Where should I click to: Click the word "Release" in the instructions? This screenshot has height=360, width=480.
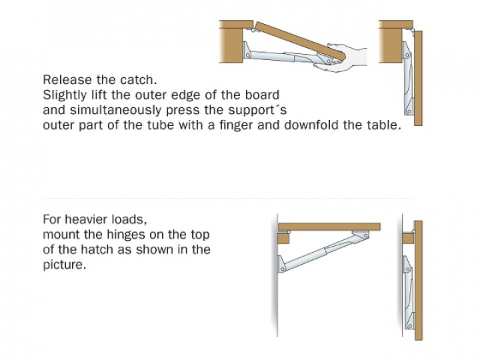[x=67, y=80]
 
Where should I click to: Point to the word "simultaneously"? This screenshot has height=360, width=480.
[x=115, y=110]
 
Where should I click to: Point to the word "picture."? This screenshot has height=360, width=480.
[x=65, y=265]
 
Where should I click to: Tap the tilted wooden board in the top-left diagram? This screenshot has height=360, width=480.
[x=300, y=40]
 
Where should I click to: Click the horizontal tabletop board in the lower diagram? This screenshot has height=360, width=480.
[x=329, y=227]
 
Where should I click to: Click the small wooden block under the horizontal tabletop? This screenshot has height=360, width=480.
[x=283, y=238]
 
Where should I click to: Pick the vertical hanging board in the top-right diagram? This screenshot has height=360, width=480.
[x=418, y=78]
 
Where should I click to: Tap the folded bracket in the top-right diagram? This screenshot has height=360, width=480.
[x=408, y=79]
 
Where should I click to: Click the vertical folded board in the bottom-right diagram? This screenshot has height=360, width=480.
[x=419, y=281]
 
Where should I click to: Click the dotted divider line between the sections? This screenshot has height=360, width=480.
[x=229, y=199]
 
